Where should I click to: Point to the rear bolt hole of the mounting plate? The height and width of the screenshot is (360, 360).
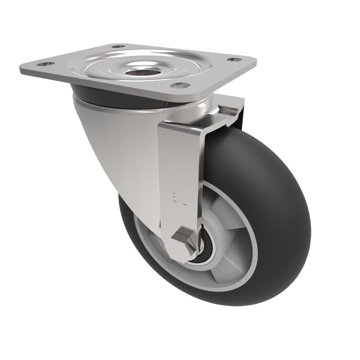118,46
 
